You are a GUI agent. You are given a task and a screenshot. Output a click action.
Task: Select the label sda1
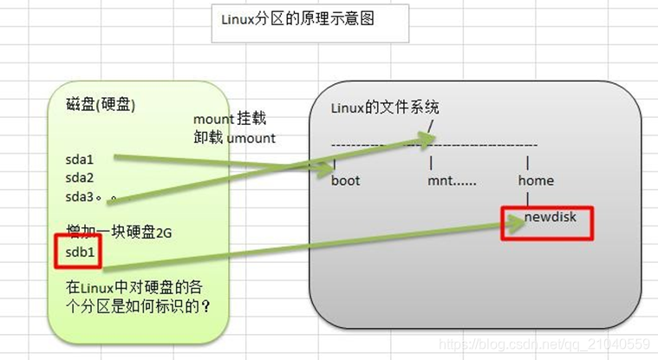click(x=78, y=160)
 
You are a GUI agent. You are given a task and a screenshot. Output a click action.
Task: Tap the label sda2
click(x=78, y=178)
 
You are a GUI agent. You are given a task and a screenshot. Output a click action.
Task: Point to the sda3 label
click(x=78, y=196)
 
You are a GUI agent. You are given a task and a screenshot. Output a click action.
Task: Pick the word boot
click(x=345, y=180)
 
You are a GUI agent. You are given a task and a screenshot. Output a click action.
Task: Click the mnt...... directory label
click(x=452, y=180)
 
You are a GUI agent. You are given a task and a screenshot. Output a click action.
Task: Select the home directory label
click(x=535, y=180)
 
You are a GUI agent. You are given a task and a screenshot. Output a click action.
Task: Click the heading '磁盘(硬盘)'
click(x=101, y=104)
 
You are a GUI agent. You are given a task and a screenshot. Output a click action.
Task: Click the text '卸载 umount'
click(x=235, y=138)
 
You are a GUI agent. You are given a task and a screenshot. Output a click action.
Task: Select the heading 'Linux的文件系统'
click(x=385, y=108)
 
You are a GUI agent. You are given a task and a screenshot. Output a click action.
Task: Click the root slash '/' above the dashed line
click(x=430, y=127)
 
